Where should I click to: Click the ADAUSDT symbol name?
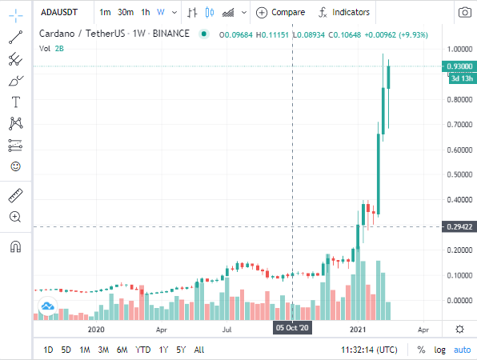tap(59, 12)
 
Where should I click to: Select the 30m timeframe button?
tap(126, 12)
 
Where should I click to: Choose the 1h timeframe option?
tap(146, 12)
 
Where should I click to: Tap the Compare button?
tap(280, 12)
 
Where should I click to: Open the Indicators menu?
tap(344, 12)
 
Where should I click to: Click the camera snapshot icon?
tap(464, 12)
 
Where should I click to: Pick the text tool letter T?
tap(16, 102)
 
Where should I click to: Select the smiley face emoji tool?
tap(15, 166)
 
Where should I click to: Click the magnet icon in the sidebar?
tap(15, 246)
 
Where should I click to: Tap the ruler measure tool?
tap(15, 195)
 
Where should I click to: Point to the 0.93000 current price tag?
tap(459, 66)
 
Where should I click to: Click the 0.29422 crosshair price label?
tap(459, 227)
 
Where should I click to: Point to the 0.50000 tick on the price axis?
tap(459, 174)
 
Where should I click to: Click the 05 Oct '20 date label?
tap(292, 328)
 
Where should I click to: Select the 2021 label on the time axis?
tap(358, 330)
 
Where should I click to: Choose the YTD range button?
tap(143, 350)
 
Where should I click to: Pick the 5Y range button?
tap(181, 350)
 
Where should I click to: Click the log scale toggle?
tap(439, 350)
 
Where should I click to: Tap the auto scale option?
tap(462, 350)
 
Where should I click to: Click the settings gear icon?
tap(459, 330)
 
